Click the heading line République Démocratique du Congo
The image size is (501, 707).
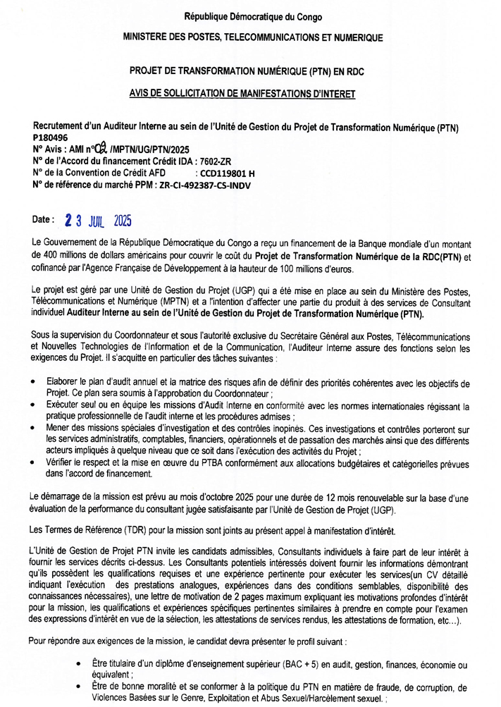pos(253,16)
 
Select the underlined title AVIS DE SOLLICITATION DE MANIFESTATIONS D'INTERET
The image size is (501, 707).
pos(253,92)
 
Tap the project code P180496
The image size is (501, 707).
pos(50,138)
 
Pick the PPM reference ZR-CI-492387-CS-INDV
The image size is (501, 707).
pos(202,185)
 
